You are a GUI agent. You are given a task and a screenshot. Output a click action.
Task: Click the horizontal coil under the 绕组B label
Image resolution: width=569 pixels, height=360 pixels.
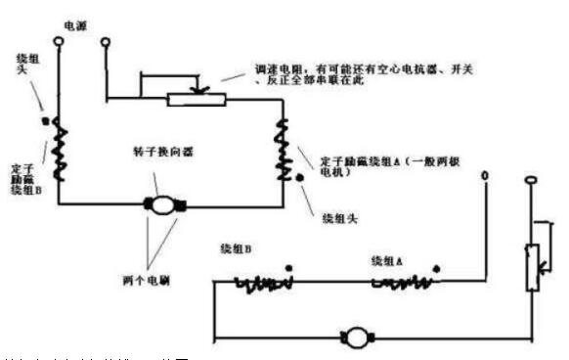[x=264, y=285]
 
